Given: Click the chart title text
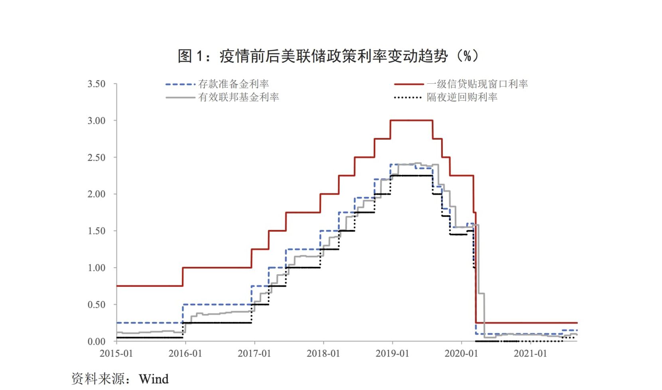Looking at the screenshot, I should [328, 56].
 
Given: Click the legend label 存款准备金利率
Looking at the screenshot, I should [233, 84].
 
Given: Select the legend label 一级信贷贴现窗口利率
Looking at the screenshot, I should [477, 84].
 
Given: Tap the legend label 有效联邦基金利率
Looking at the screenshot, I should [238, 97].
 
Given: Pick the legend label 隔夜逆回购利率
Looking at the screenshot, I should [462, 97].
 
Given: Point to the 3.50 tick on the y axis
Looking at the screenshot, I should [97, 84].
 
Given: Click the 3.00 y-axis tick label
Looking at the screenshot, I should [97, 121].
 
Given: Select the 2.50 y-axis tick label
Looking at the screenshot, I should [97, 157].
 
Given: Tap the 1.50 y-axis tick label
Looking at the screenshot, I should [97, 231].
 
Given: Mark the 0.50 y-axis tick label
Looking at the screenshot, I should [97, 305].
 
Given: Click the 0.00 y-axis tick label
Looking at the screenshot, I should [97, 341].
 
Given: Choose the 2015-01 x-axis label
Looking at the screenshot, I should [116, 353].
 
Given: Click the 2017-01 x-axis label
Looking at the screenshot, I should [254, 353].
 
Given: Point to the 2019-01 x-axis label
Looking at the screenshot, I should [392, 353].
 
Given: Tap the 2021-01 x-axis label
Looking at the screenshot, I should [530, 353].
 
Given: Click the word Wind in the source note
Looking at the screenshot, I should [154, 379].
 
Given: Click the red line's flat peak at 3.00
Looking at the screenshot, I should [412, 120].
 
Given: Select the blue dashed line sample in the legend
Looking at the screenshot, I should [180, 84].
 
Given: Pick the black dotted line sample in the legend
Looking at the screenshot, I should [407, 97].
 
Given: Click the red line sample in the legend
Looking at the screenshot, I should [408, 84].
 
